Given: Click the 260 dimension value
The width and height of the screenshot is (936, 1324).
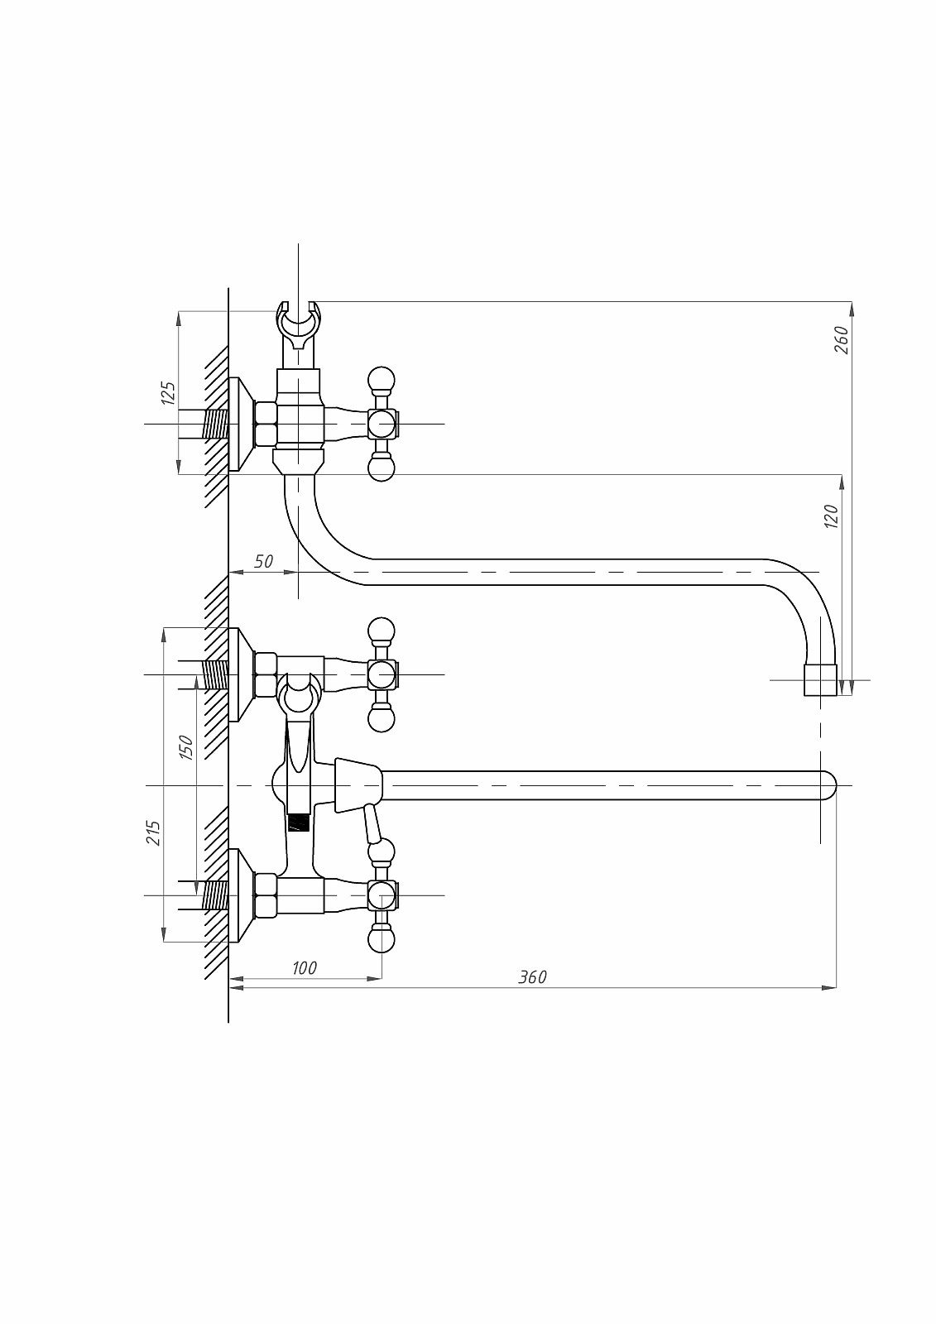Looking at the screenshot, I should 841,339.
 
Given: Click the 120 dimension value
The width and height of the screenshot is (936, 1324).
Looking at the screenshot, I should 832,516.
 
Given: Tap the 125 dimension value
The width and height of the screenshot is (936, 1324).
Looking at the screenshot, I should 168,392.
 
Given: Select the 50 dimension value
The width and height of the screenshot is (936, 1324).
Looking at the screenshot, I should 263,561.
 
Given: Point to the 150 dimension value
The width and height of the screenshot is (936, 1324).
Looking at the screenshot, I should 186,747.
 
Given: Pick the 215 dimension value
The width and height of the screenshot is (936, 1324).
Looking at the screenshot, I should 153,832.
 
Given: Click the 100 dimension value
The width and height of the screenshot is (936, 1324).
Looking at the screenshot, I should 305,967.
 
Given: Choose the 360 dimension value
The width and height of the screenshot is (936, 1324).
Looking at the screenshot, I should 532,976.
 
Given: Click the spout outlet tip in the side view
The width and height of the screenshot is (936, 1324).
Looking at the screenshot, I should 820,679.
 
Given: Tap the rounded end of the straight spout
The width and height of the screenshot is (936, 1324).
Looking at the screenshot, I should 827,785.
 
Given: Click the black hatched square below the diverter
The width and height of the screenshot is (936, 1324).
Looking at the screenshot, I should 298,823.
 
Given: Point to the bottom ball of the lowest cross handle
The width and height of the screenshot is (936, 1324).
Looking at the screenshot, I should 381,940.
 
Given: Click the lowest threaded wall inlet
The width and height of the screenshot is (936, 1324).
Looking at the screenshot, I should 215,895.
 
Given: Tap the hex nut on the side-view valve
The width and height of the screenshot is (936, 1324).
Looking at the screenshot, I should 266,424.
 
